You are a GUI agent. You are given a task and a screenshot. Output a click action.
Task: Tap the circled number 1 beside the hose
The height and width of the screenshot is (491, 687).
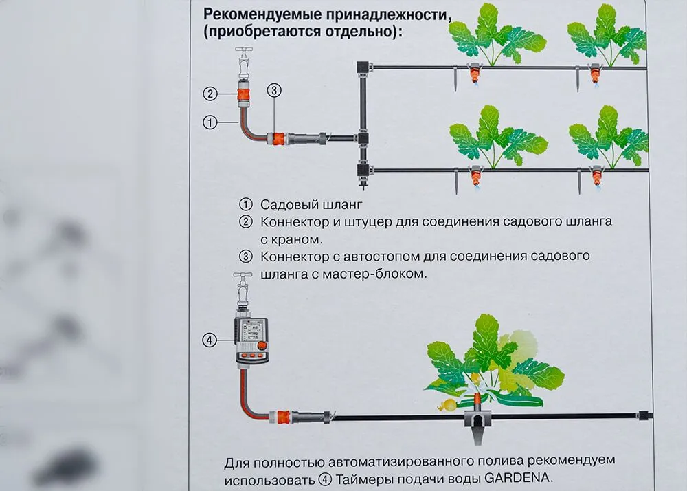210,122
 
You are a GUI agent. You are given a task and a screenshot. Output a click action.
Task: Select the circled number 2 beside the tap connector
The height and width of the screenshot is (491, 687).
210,94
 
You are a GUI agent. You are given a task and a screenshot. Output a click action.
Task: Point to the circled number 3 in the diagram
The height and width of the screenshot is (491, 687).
273,90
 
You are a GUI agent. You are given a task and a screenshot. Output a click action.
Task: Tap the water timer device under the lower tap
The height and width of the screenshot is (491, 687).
252,340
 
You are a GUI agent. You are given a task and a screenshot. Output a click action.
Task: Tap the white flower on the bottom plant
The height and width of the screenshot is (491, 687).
473,388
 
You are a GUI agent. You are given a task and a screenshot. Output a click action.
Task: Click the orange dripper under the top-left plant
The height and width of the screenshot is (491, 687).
474,72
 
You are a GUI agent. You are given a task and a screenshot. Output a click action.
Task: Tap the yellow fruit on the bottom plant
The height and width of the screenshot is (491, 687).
447,405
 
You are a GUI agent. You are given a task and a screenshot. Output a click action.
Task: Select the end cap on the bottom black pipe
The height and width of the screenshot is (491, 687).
644,415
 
